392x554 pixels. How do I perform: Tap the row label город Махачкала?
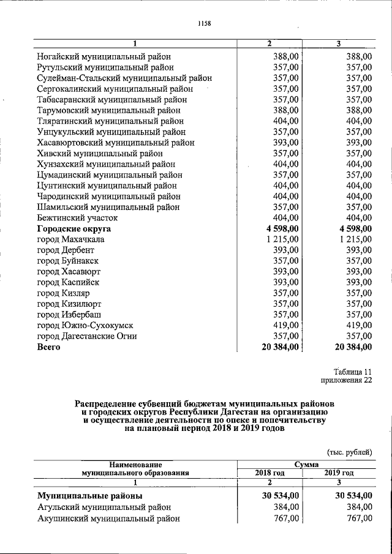click(70, 239)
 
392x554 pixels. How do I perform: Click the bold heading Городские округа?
click(73, 228)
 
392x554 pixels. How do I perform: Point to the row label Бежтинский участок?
click(77, 218)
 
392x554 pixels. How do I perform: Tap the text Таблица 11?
click(353, 372)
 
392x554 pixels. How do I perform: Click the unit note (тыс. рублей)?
click(349, 452)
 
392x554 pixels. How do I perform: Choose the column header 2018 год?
click(270, 473)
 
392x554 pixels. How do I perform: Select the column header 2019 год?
click(339, 473)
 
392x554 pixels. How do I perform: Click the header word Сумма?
click(304, 465)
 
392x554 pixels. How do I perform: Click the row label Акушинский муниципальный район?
click(108, 518)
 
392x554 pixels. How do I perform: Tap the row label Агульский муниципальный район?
click(104, 507)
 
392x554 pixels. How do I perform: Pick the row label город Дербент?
click(66, 250)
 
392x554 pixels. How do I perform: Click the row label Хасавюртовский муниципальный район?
click(116, 143)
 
